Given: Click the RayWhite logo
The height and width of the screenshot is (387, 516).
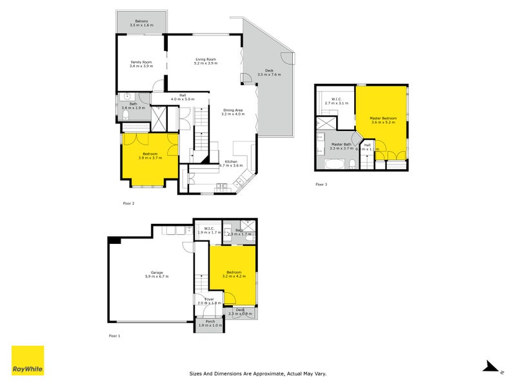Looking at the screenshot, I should tap(28, 361).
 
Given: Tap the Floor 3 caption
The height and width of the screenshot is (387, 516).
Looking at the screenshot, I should tap(321, 184).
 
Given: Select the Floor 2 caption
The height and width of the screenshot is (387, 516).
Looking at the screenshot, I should tap(128, 203).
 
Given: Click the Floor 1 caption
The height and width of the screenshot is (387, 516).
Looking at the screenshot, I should tap(115, 336).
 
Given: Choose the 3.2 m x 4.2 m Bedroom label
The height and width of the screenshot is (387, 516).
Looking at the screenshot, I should tap(233, 274).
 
